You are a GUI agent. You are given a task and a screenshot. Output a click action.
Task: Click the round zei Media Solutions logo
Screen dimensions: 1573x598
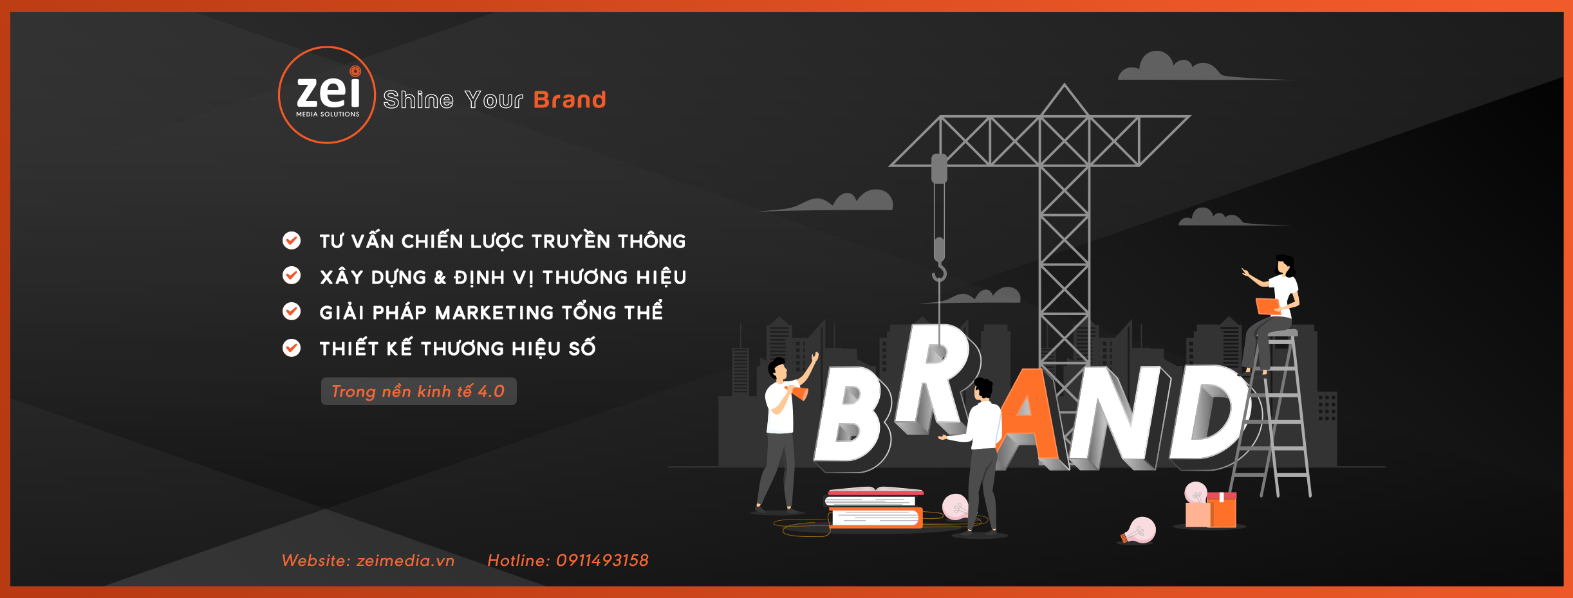[x=327, y=95]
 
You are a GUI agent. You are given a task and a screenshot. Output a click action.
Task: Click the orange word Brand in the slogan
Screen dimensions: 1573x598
[x=570, y=100]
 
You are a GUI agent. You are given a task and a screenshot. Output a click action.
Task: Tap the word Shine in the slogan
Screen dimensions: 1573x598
[x=418, y=100]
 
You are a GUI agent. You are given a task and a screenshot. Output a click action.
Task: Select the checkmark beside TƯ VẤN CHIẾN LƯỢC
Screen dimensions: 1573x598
[x=292, y=240]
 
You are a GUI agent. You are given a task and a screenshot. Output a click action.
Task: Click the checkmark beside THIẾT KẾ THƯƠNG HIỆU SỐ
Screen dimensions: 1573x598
[x=292, y=348]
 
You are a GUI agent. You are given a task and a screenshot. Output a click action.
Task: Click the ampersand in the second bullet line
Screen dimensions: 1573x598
[x=440, y=278]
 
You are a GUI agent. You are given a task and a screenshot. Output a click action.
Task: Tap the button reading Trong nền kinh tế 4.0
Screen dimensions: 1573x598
[x=418, y=391]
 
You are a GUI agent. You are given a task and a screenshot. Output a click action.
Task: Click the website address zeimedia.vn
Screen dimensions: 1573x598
[x=405, y=561]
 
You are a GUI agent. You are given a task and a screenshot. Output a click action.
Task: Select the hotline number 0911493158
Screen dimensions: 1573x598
[x=602, y=561]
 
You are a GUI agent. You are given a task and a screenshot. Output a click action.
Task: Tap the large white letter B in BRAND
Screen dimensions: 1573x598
[x=852, y=415]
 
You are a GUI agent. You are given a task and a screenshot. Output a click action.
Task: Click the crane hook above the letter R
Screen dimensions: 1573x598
[x=940, y=273]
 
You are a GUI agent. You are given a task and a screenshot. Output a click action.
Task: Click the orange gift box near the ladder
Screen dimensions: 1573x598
[x=1220, y=509]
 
